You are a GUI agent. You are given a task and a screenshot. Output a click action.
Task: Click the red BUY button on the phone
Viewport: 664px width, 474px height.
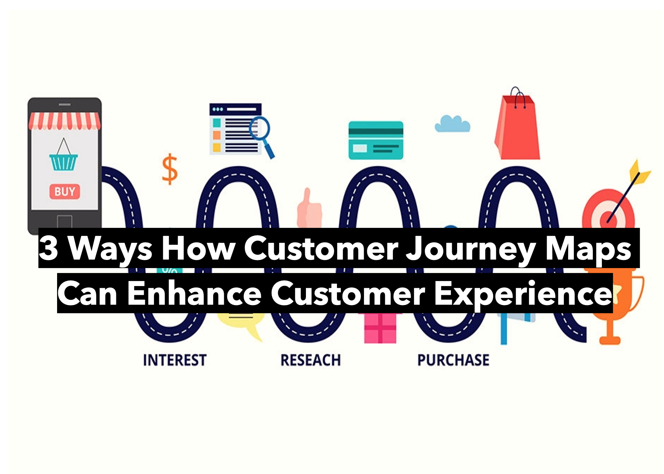(x=64, y=192)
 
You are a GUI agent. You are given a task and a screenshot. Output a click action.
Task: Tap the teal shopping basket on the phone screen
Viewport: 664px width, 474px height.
(x=63, y=162)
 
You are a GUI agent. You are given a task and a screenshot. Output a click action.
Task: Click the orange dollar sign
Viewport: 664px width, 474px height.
(x=170, y=169)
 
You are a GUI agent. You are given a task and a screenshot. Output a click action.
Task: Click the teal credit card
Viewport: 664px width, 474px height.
(x=376, y=140)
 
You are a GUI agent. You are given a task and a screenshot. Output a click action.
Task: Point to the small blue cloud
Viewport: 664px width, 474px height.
(x=452, y=124)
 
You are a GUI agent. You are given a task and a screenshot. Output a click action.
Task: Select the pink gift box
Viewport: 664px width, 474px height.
(x=380, y=328)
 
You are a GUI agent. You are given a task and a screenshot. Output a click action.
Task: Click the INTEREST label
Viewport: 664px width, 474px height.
(x=175, y=360)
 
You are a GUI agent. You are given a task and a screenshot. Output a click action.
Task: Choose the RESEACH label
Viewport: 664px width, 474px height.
(x=311, y=360)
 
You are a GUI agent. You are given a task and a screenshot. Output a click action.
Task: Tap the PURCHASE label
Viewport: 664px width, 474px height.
(x=453, y=360)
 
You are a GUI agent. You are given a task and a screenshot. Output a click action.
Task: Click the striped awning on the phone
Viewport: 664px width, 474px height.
(x=64, y=121)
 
